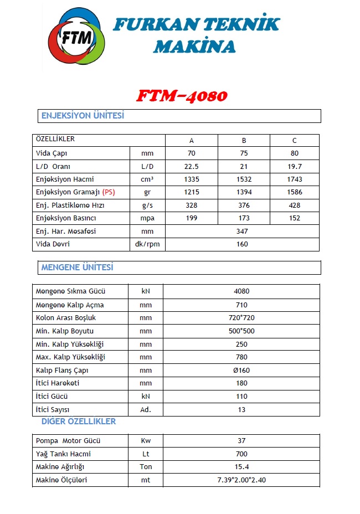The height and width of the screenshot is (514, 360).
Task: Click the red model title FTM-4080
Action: [x=181, y=96]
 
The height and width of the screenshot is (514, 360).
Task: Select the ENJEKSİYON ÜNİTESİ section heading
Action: [x=83, y=116]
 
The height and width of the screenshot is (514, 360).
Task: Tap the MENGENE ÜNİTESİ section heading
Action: [x=77, y=268]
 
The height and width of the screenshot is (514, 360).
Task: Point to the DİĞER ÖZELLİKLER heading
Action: [x=79, y=422]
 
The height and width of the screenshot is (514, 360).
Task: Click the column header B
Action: [x=244, y=140]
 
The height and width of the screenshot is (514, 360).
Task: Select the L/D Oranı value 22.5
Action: [x=192, y=166]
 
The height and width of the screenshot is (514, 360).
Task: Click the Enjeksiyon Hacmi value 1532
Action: [x=244, y=179]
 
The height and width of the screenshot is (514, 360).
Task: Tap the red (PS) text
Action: [x=109, y=192]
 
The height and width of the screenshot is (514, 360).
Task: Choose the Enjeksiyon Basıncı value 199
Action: [x=192, y=218]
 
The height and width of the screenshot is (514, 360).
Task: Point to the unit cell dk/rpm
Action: [x=147, y=244]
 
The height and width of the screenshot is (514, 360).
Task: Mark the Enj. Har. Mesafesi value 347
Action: [x=242, y=231]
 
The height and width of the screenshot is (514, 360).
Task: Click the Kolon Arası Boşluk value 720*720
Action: [x=242, y=318]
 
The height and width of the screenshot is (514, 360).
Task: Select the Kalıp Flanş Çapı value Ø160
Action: [x=242, y=370]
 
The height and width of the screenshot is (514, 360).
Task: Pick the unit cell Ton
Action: [x=146, y=467]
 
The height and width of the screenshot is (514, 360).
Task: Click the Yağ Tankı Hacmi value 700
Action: [x=241, y=454]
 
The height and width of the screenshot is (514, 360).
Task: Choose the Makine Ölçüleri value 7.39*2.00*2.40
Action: [x=241, y=480]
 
